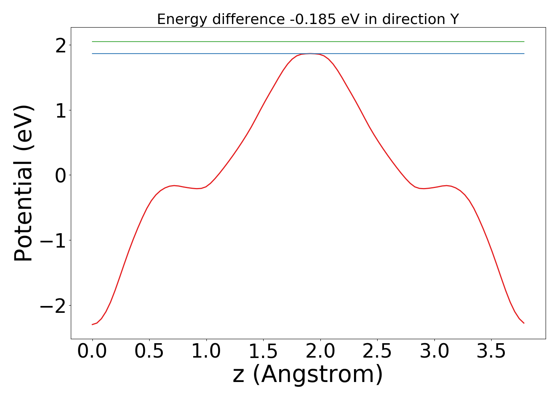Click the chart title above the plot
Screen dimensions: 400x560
tap(308, 19)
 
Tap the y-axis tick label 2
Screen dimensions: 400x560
tap(61, 46)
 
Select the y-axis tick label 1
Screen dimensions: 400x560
tap(61, 111)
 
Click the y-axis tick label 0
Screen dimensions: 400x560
tap(61, 176)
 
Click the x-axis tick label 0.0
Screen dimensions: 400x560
tap(92, 352)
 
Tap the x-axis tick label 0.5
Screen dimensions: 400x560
tap(149, 352)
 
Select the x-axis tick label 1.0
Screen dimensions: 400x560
tap(206, 352)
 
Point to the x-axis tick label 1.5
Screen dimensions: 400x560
tap(263, 352)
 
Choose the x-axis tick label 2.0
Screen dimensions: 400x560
tap(320, 352)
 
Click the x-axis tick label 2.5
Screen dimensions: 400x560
tap(377, 352)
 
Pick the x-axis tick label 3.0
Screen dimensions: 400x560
tap(434, 352)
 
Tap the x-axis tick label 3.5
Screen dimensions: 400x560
tap(491, 352)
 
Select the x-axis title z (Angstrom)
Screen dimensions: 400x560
tap(308, 375)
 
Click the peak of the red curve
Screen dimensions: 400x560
tap(310, 54)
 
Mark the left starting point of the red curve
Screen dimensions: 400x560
tap(92, 324)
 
